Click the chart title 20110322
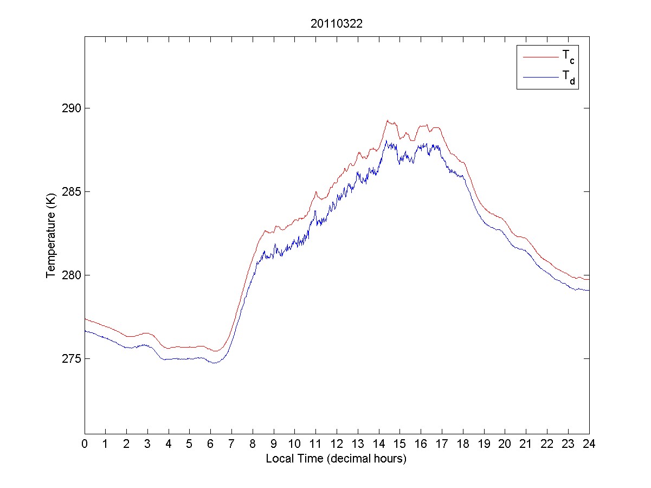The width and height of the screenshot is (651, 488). click(336, 24)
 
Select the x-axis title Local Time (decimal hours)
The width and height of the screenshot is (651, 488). click(336, 459)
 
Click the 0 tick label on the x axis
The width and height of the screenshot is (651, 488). click(85, 443)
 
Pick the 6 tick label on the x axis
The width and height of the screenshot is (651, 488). click(210, 443)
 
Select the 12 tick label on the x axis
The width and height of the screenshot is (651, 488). click(337, 443)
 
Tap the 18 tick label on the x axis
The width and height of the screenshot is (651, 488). click(463, 443)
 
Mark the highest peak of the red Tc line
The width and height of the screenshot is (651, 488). click(388, 120)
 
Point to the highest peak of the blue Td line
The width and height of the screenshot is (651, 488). click(386, 140)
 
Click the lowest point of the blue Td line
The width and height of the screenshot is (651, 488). click(215, 363)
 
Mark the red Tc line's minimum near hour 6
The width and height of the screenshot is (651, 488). click(215, 351)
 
